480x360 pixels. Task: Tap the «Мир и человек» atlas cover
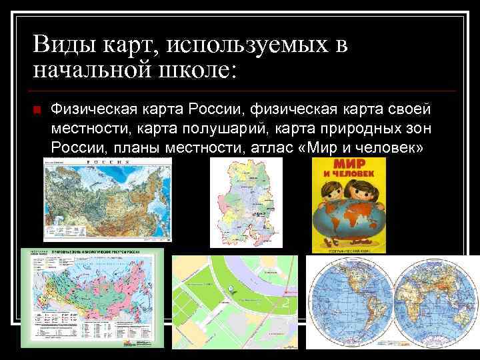pos(349,205)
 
